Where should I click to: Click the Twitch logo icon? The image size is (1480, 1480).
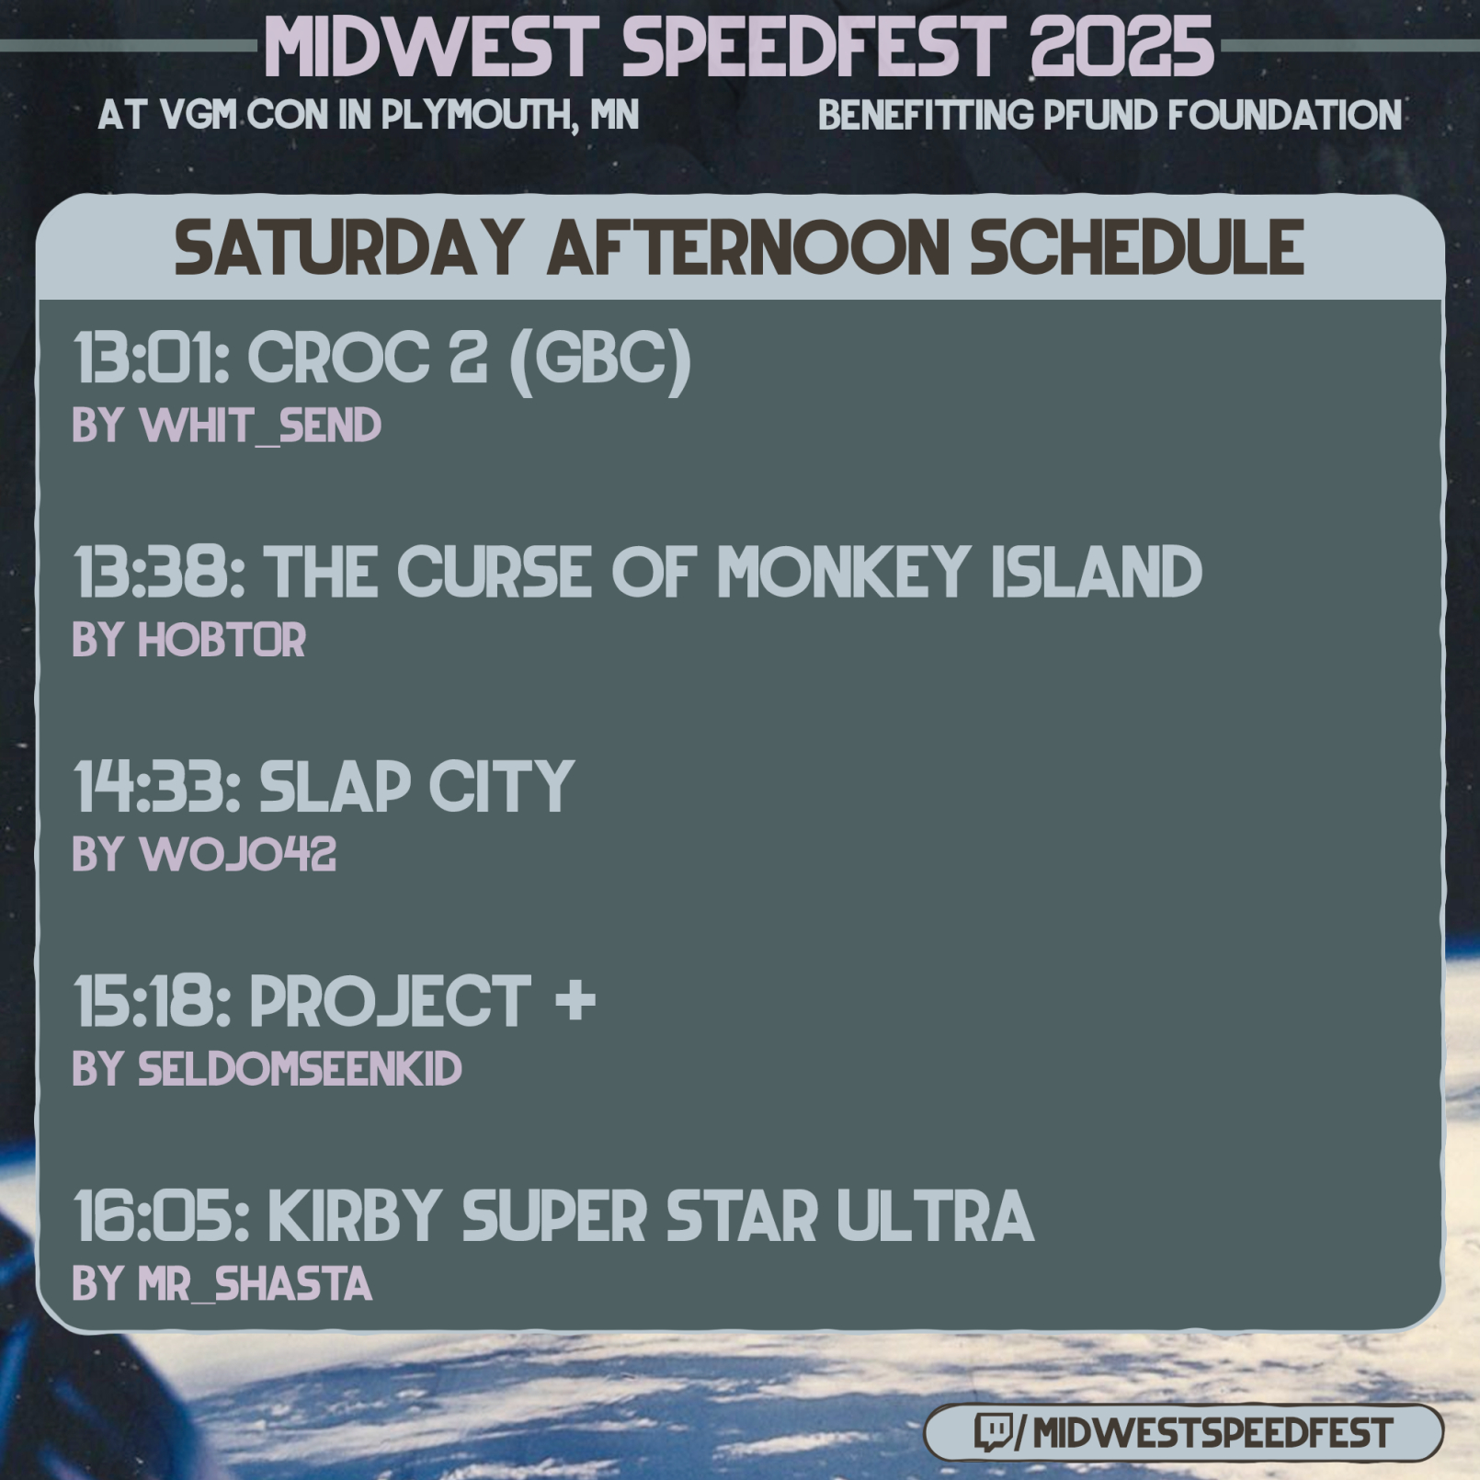(x=993, y=1431)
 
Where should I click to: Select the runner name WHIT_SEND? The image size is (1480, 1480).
(x=260, y=426)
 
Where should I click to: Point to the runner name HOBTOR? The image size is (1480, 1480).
(x=222, y=640)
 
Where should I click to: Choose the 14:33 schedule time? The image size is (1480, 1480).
(x=153, y=787)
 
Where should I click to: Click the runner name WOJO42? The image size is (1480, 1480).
(x=237, y=855)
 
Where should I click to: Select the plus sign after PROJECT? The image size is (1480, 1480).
(x=576, y=1000)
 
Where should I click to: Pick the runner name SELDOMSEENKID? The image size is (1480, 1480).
(x=300, y=1069)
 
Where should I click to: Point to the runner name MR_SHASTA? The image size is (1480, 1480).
(x=255, y=1284)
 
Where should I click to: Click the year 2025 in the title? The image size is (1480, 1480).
(x=1122, y=47)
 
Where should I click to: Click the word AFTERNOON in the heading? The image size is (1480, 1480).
(x=748, y=247)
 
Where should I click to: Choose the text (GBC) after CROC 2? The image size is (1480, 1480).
(x=598, y=359)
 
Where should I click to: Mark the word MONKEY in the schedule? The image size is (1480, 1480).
(x=843, y=572)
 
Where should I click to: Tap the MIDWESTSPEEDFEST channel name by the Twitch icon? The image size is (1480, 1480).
(x=1212, y=1432)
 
